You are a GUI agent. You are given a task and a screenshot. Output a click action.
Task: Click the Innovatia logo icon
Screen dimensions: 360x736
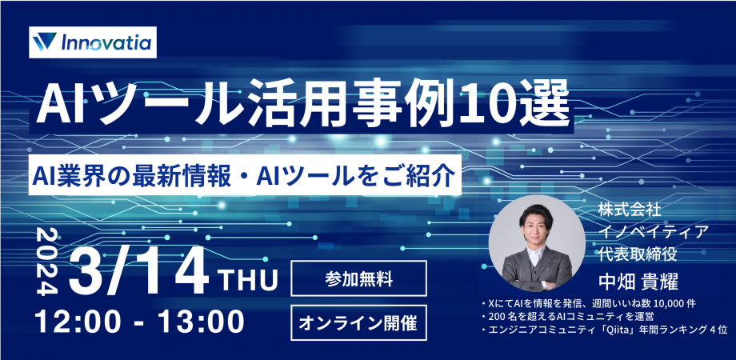(x=46, y=42)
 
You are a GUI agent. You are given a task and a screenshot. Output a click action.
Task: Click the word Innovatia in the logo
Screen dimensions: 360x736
(x=103, y=42)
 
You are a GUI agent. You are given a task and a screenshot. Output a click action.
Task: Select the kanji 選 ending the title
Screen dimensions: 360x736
(x=549, y=102)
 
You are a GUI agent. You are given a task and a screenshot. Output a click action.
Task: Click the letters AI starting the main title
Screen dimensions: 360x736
(x=57, y=102)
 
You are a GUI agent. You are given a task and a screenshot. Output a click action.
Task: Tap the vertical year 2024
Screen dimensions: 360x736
(x=46, y=260)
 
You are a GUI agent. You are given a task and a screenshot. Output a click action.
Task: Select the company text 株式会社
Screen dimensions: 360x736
(x=629, y=210)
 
